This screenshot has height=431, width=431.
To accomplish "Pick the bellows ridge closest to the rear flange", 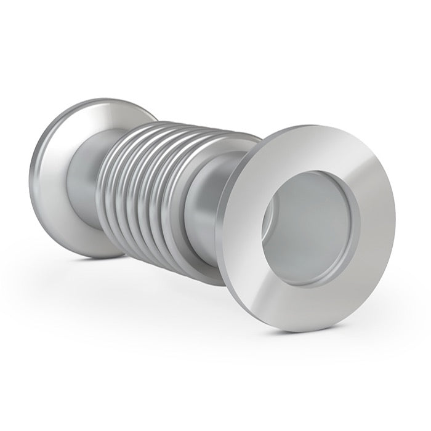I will (108, 185).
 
